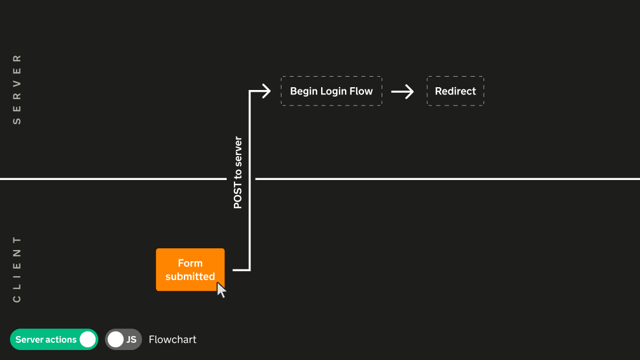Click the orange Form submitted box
pos(190,269)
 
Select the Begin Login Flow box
pos(331,91)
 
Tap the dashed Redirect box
pos(455,91)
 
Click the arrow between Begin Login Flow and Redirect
pos(403,91)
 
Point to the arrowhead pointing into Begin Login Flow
pos(266,91)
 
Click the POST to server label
pos(238,172)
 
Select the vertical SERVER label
pos(17,89)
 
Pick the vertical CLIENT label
pos(17,269)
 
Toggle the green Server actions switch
pos(54,339)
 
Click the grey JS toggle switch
pos(123,339)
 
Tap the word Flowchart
pos(172,339)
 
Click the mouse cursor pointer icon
pos(221,289)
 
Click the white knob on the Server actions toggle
pos(87,339)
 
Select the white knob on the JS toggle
pos(116,339)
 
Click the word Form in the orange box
pos(190,263)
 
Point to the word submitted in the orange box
pos(190,277)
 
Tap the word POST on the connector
pos(238,197)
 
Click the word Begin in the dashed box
pos(303,91)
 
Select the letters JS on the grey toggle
pos(131,339)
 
